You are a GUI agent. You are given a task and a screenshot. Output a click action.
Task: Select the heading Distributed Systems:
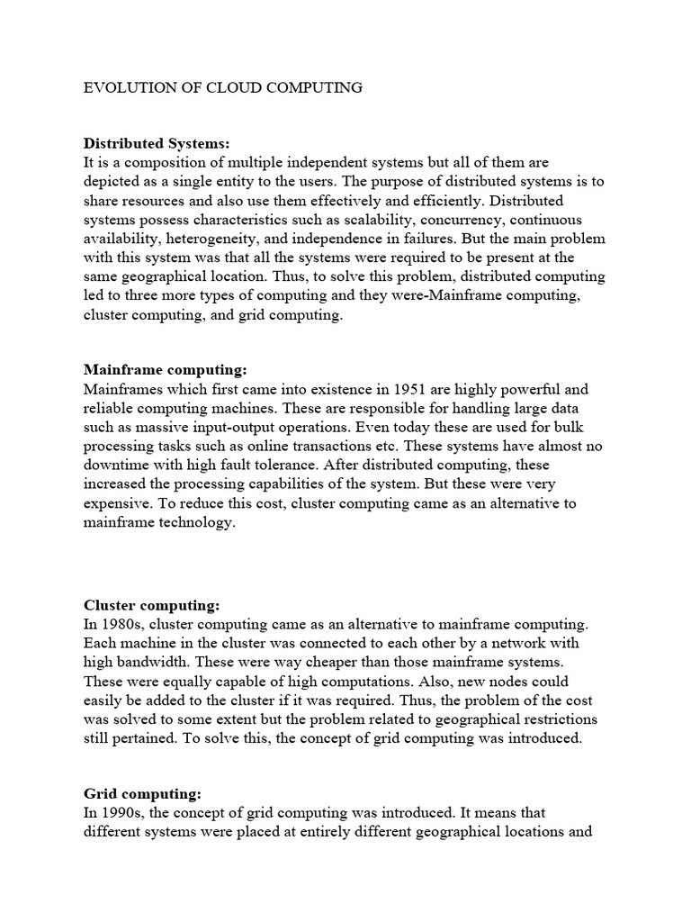point(157,143)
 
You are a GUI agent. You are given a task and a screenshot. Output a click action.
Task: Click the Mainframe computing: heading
point(165,370)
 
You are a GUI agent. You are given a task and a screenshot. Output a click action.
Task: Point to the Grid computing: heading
point(142,793)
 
